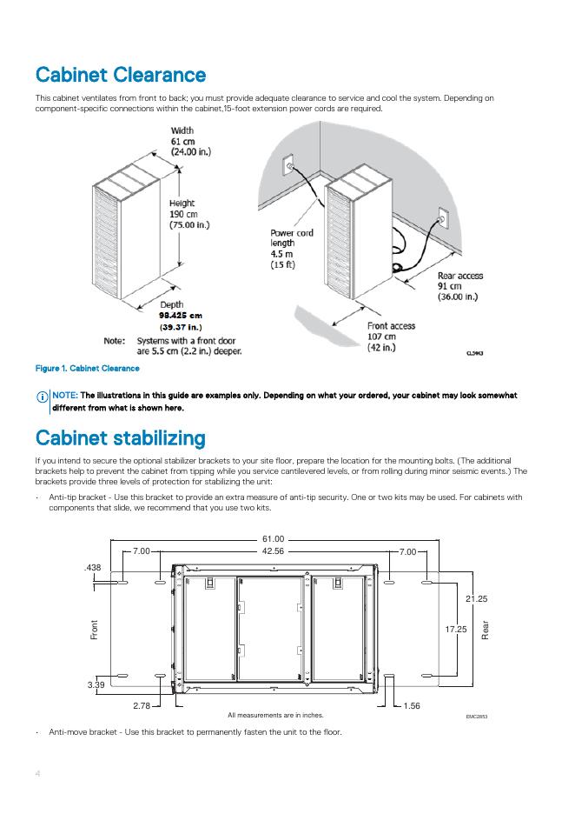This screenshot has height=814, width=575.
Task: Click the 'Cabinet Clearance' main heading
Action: coord(121,75)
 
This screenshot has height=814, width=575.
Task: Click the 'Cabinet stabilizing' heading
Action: coord(120,437)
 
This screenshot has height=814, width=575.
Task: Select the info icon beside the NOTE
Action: coord(42,397)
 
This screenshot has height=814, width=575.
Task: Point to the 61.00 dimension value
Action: coord(274,540)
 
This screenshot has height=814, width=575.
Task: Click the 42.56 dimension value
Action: coord(274,551)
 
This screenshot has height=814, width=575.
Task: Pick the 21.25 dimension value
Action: coord(476,599)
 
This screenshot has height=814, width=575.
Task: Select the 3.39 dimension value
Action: coord(96,686)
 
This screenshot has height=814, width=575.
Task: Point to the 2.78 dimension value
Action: coord(144,705)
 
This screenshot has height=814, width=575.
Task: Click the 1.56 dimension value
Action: coord(412,705)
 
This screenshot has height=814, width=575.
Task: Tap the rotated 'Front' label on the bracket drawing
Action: coord(94,630)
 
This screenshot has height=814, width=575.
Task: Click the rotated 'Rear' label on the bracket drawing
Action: coord(486,630)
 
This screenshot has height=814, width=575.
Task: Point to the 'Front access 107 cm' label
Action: coord(391,337)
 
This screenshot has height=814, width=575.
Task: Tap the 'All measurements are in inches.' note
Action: coord(275,715)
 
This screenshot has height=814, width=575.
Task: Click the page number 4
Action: coord(38,773)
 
